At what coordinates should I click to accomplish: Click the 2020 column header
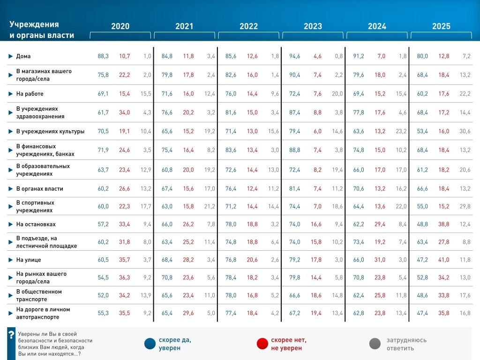click(x=120, y=27)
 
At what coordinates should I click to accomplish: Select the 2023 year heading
click(x=313, y=27)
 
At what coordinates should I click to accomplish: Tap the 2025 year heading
click(x=441, y=27)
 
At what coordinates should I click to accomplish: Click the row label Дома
click(x=23, y=56)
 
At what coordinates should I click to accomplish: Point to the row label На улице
click(x=29, y=260)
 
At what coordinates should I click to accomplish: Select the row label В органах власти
click(x=39, y=189)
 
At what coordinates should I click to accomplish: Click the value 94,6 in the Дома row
click(x=295, y=56)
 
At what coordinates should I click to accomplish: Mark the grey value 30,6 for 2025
click(x=465, y=131)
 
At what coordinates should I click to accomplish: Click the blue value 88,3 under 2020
click(x=103, y=56)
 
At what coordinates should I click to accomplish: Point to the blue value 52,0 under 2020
click(x=103, y=295)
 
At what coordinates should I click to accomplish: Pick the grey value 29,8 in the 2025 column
click(x=465, y=207)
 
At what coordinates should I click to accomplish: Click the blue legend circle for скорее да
click(x=150, y=344)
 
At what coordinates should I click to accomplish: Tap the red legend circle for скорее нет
click(x=262, y=344)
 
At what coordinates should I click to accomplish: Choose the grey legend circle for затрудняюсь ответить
click(x=375, y=344)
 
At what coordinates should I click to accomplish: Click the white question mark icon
click(x=11, y=336)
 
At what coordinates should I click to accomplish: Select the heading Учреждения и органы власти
click(x=42, y=30)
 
